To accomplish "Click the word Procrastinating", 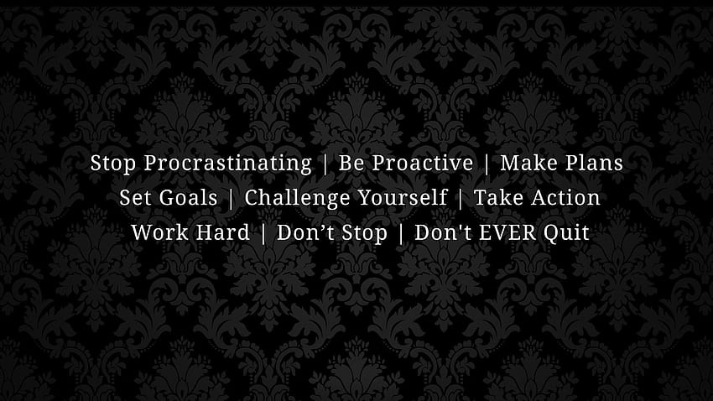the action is [x=228, y=164].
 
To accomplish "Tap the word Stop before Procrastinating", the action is [x=112, y=164].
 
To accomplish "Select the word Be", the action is [x=351, y=163].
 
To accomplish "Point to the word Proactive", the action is [x=423, y=163].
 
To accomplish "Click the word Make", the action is [x=523, y=163].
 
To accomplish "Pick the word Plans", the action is [x=588, y=163].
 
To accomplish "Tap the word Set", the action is [x=134, y=198].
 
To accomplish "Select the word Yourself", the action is [x=403, y=198].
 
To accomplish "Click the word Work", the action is [x=159, y=232].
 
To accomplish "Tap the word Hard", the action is [x=223, y=232].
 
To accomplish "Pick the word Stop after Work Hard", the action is [x=365, y=233].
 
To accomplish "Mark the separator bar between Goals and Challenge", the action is [x=232, y=199].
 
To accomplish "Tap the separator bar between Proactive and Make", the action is [x=487, y=164].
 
